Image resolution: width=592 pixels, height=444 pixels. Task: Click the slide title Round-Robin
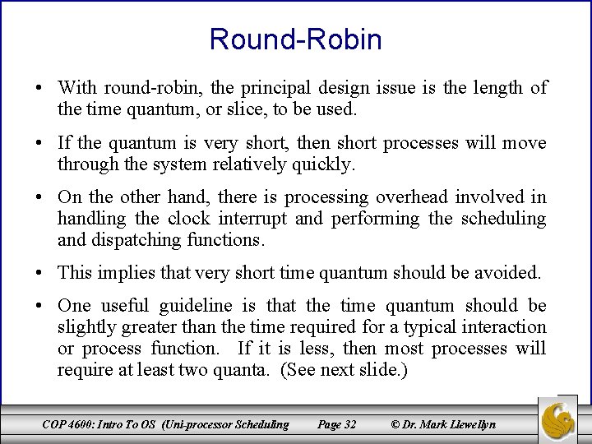[295, 39]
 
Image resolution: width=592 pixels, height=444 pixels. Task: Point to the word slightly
[84, 327]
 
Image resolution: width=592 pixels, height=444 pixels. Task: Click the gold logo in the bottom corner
[563, 419]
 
